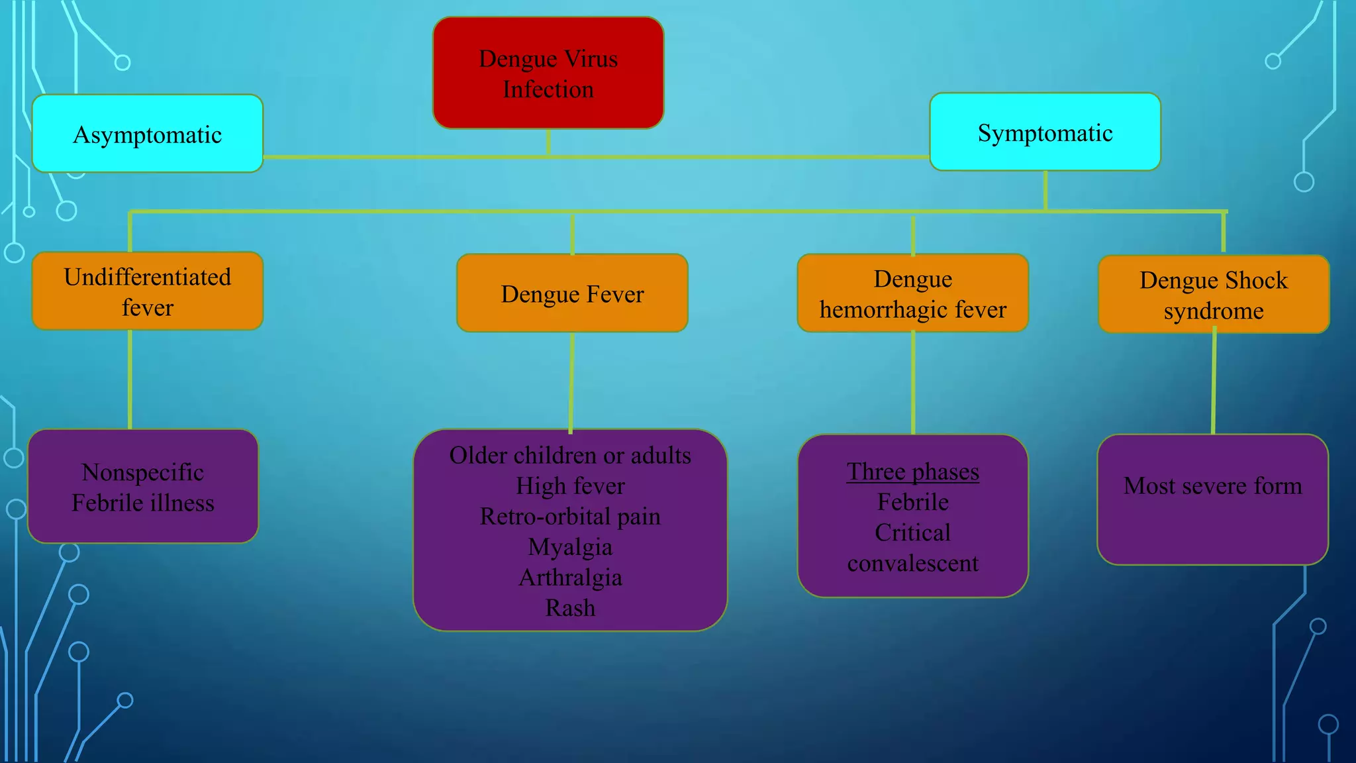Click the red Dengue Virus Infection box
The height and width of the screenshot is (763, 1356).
pos(548,73)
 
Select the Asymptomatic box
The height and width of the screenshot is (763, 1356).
pos(147,134)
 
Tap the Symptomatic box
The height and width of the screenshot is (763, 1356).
pos(1045,132)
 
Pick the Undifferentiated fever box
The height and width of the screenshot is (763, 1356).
pos(147,291)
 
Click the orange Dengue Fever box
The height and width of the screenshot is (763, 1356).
pos(572,293)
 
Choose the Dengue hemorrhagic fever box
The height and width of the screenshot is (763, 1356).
pos(912,293)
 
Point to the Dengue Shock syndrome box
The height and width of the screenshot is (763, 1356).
pos(1213,295)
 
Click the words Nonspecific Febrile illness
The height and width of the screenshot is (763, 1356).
pos(143,487)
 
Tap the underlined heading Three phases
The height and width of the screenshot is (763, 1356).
pos(912,472)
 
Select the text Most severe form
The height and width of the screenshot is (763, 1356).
pos(1212,486)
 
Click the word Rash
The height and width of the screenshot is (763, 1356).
pos(570,608)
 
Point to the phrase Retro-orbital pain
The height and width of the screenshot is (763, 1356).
pos(570,517)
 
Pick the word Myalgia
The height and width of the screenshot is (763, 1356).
pos(570,547)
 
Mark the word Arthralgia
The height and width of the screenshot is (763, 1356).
pos(570,578)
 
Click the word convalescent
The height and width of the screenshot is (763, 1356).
pos(912,564)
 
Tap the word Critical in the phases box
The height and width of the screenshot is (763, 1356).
pos(912,533)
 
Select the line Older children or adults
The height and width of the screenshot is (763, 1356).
pos(570,456)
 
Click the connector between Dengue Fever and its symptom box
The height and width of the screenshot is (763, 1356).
pos(571,381)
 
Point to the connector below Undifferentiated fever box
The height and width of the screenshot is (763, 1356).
pos(130,379)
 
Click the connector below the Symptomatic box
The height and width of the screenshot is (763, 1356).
pos(1045,191)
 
